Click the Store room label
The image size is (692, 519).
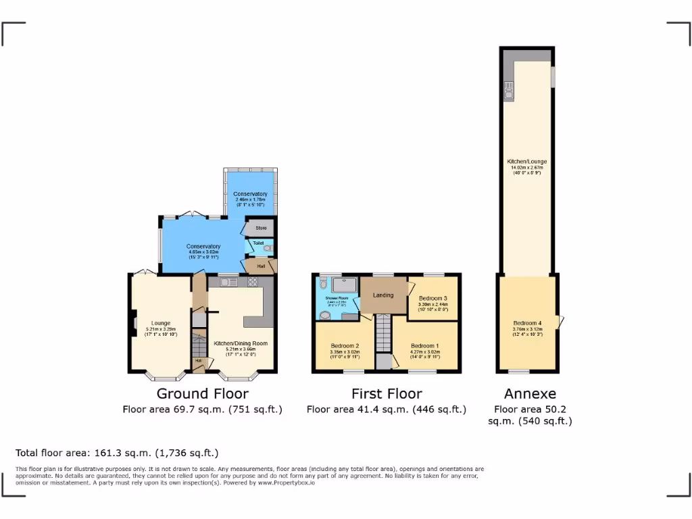coord(261,228)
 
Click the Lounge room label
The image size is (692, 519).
coord(161,323)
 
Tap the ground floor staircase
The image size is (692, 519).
coord(198,346)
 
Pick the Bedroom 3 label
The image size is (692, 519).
coord(432,298)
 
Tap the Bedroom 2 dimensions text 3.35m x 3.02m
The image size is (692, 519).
coord(344,352)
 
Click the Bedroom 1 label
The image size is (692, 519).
coord(425,345)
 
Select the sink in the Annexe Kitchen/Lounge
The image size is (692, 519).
coord(508,89)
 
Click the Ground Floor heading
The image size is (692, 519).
coord(202,393)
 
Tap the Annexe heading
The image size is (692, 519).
coord(530,393)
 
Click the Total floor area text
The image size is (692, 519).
coord(117,453)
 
